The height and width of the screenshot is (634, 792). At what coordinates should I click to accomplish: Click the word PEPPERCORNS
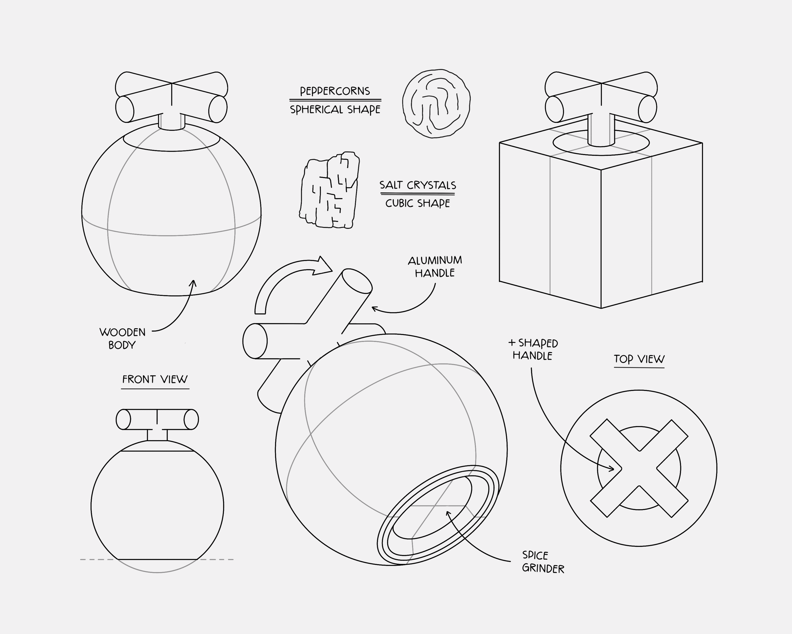pyautogui.click(x=335, y=91)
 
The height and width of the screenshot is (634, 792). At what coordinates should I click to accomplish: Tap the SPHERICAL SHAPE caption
pyautogui.click(x=335, y=110)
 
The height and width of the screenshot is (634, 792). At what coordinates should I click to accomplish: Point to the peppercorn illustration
pyautogui.click(x=436, y=104)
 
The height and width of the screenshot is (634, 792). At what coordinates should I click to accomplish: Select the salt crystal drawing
pyautogui.click(x=329, y=190)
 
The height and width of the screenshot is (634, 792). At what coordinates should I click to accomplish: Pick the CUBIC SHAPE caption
pyautogui.click(x=418, y=203)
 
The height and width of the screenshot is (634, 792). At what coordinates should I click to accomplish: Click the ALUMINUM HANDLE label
pyautogui.click(x=435, y=266)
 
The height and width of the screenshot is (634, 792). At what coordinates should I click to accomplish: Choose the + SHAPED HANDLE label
pyautogui.click(x=533, y=349)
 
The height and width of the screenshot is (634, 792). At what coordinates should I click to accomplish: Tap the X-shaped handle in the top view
pyautogui.click(x=639, y=468)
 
